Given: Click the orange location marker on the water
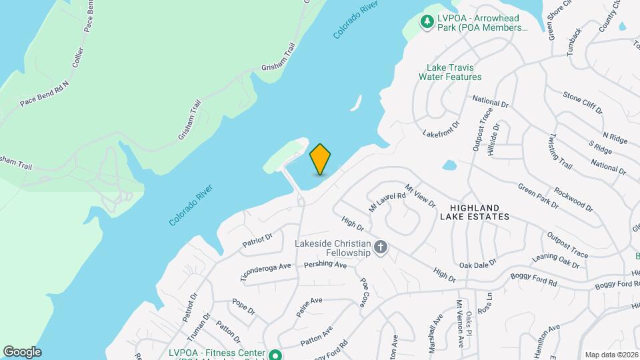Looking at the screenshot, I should [x=321, y=159].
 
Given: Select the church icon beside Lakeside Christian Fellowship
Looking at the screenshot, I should [x=381, y=248].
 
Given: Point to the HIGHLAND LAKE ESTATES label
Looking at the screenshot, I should [x=474, y=211].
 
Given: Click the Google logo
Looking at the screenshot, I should [x=22, y=352].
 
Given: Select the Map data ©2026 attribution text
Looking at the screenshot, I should [x=611, y=355].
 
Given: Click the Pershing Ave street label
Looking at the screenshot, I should [x=325, y=265].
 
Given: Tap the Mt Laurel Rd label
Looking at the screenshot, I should [x=387, y=201].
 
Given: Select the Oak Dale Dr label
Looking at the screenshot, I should [x=478, y=265].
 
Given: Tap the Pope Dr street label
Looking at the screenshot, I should [x=243, y=307].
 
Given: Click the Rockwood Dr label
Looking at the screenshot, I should [x=574, y=199].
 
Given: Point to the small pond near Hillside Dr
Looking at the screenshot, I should [x=449, y=165].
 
